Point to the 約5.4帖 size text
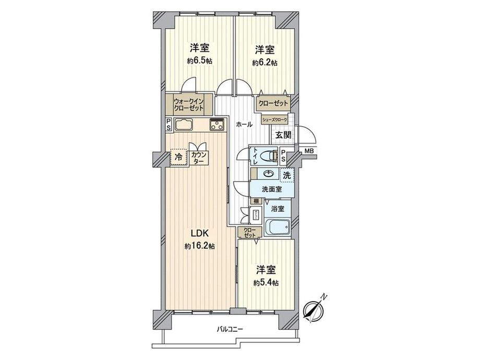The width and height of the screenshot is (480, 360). pos(266,283)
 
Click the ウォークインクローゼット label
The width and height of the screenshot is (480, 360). pos(189,104)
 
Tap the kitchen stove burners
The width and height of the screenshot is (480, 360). pos(217,125)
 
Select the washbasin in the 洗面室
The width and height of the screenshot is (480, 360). pos(269,174)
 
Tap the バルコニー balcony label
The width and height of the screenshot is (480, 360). pos(230,329)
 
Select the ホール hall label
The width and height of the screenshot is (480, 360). pos(244,125)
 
